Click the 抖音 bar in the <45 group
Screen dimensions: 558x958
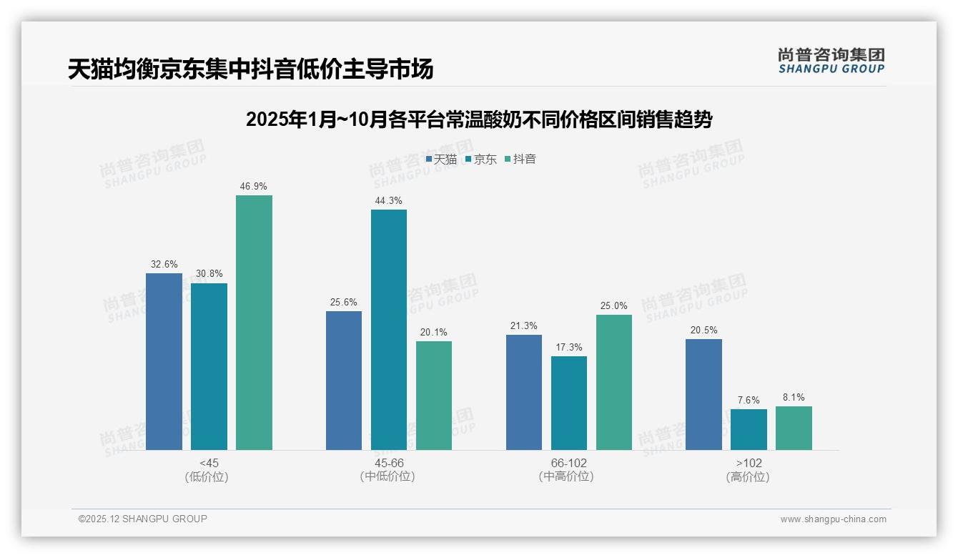pos(254,323)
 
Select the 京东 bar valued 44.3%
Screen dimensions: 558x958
pos(388,330)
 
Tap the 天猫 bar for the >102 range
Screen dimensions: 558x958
pos(703,394)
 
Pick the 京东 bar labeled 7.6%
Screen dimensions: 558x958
pos(749,429)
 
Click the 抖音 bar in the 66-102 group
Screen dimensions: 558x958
pos(613,382)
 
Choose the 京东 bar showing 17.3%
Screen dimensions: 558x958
pos(568,403)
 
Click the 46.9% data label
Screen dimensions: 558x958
pos(254,187)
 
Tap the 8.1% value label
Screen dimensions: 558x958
pos(794,398)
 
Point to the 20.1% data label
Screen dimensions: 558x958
pos(434,333)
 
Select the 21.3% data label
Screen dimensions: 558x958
pos(524,326)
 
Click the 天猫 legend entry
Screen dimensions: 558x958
pos(441,160)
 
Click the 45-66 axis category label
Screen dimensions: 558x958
pos(388,464)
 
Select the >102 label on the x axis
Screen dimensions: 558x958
pos(748,464)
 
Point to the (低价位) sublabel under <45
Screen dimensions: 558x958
pos(208,477)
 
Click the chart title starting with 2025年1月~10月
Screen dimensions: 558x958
pos(479,119)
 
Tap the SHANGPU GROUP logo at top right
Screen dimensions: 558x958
pos(831,61)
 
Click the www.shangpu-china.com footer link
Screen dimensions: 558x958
pos(833,519)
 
